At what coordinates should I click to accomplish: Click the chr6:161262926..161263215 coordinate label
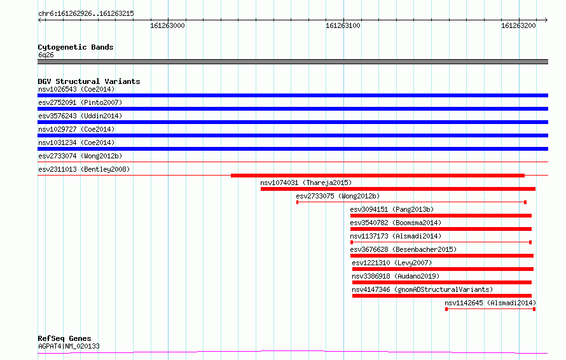tap(86, 14)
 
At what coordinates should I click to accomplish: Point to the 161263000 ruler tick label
tap(167, 25)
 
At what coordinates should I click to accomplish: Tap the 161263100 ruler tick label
tap(343, 25)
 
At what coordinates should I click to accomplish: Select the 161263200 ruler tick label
tap(518, 25)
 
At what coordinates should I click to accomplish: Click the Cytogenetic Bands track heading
tap(76, 47)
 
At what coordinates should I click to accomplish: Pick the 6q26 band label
tap(46, 55)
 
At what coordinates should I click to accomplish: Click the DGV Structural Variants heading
tap(89, 81)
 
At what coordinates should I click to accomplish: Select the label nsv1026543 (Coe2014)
tap(76, 89)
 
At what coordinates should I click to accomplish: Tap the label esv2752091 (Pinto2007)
tap(80, 102)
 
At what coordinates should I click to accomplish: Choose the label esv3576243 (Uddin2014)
tap(80, 116)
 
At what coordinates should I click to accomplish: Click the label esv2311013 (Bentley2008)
tap(84, 169)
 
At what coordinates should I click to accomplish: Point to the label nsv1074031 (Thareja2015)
tap(306, 183)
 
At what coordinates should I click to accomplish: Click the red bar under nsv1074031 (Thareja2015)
tap(398, 189)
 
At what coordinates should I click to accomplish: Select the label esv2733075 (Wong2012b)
tap(338, 196)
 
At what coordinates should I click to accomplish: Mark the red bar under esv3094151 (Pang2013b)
tap(441, 216)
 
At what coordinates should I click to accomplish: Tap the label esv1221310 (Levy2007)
tap(392, 263)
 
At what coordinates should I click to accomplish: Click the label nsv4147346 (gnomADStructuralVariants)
tap(422, 289)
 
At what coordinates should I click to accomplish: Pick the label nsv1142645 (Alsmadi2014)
tap(490, 303)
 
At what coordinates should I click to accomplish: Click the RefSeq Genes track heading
tap(65, 338)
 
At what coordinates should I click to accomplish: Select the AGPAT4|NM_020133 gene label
tap(69, 346)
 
